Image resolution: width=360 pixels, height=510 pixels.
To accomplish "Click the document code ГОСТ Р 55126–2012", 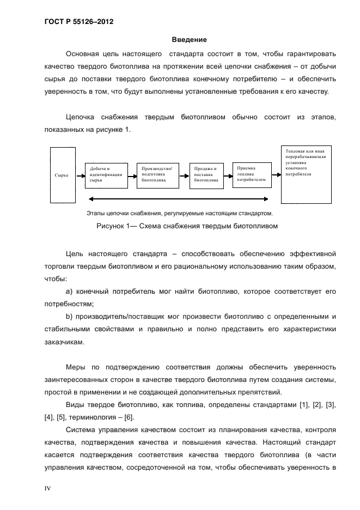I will (78, 22).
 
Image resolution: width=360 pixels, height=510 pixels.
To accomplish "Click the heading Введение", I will (189, 39).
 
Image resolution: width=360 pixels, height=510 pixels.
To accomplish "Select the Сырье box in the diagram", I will (62, 175).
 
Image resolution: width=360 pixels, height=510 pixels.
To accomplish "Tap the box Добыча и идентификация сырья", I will (106, 175).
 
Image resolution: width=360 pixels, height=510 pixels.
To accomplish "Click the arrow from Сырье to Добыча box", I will (79, 175).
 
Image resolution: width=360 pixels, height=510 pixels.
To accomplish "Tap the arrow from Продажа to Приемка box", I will (228, 175).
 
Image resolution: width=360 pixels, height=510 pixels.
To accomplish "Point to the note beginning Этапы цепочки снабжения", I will (180, 213).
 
